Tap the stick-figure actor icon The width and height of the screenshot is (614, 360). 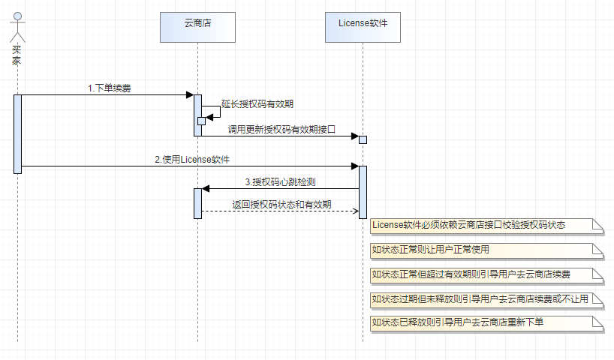click(x=17, y=28)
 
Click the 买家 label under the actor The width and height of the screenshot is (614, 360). click(x=17, y=55)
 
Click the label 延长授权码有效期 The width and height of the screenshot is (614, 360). click(x=257, y=104)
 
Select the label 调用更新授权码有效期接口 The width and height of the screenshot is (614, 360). click(x=281, y=129)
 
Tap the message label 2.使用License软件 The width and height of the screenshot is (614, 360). click(x=192, y=159)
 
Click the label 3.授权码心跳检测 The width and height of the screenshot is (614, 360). click(x=279, y=181)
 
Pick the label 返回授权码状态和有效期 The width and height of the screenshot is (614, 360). click(x=281, y=204)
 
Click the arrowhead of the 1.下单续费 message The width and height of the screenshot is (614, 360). click(x=190, y=94)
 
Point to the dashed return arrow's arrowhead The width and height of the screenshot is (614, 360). click(x=355, y=211)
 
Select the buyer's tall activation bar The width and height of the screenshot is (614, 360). click(x=17, y=133)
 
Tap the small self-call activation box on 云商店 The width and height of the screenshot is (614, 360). click(x=201, y=121)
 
